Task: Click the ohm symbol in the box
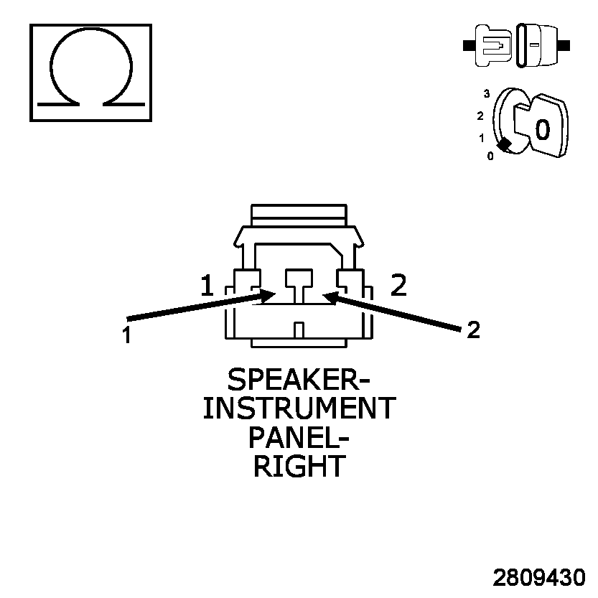click(x=90, y=72)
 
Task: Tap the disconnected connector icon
click(x=516, y=45)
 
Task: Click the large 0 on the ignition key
click(x=543, y=129)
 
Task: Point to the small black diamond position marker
click(x=505, y=144)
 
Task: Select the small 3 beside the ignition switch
click(x=487, y=94)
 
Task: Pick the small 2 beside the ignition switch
click(x=480, y=116)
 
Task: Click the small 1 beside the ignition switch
click(x=481, y=137)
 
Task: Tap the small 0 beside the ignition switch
click(x=490, y=156)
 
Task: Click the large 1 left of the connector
click(x=207, y=286)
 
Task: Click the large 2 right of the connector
click(x=398, y=286)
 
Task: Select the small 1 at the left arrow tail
click(x=126, y=335)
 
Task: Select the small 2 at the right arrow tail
click(x=472, y=330)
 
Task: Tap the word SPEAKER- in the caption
click(x=299, y=380)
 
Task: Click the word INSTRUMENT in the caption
click(x=299, y=408)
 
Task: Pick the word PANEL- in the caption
click(x=299, y=437)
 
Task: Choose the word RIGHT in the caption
click(x=299, y=466)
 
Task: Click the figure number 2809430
click(x=538, y=578)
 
